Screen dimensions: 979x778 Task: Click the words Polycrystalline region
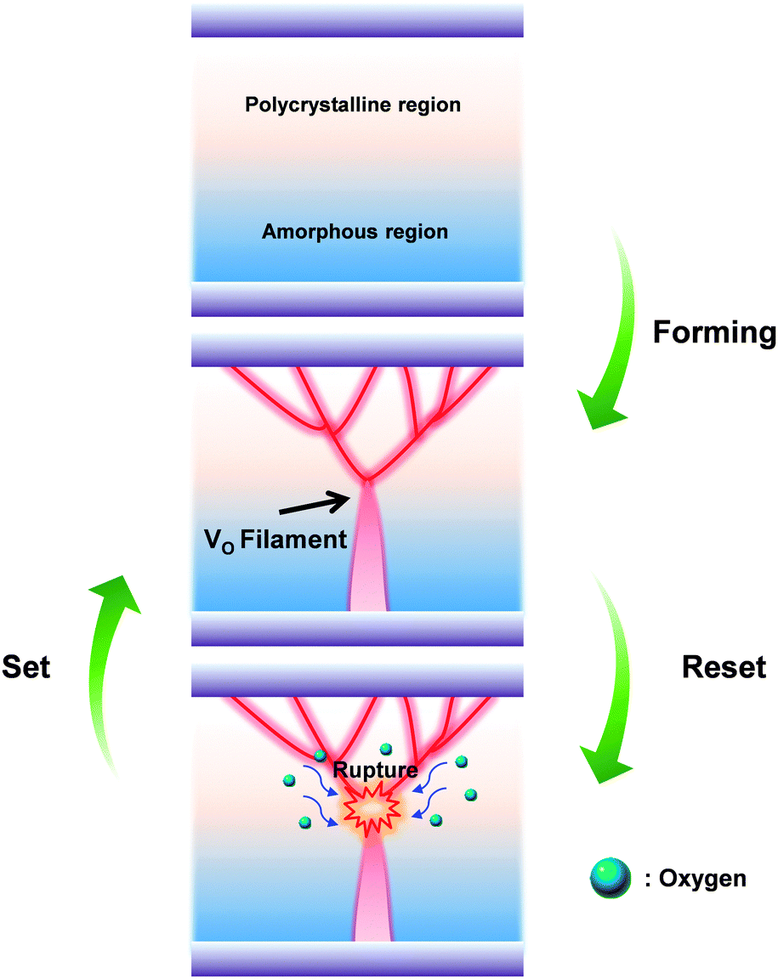click(353, 105)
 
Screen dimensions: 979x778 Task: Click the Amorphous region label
click(355, 231)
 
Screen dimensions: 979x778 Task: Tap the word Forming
click(714, 332)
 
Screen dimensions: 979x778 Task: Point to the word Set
click(26, 667)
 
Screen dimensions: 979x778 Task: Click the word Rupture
click(375, 770)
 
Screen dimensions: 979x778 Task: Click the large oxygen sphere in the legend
click(609, 877)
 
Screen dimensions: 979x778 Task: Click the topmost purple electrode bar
click(357, 20)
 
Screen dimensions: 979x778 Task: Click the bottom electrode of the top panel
click(357, 299)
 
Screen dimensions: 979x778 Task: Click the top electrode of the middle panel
click(357, 350)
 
